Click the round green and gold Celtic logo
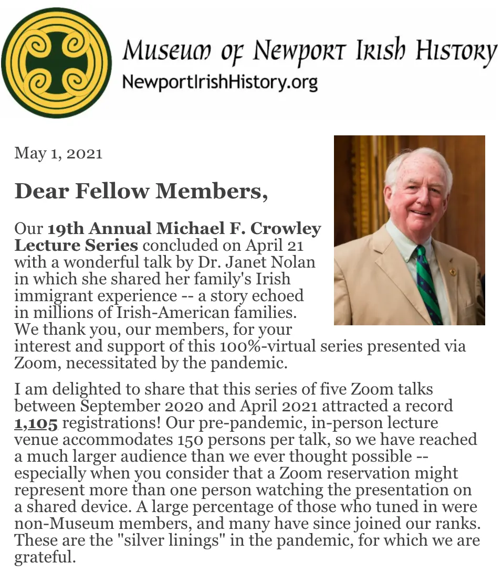[x=57, y=62]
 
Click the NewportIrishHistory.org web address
[x=219, y=82]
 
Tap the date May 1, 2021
[x=58, y=153]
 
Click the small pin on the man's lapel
[x=453, y=273]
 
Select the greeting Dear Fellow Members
[x=141, y=191]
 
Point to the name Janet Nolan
[x=286, y=262]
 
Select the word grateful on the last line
[x=45, y=557]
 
